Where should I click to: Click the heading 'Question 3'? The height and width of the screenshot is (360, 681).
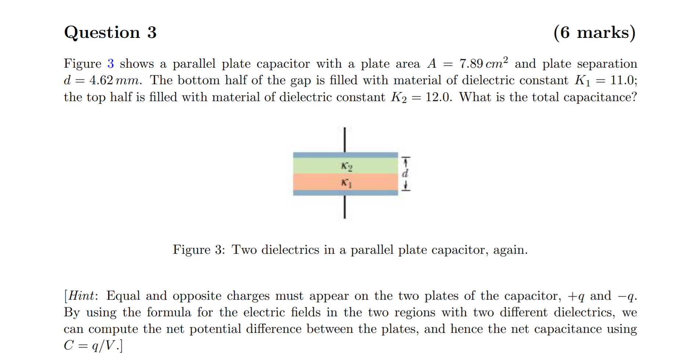[x=110, y=32]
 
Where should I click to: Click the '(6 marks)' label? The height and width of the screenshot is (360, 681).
[x=594, y=32]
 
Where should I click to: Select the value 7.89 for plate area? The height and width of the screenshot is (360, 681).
[x=471, y=64]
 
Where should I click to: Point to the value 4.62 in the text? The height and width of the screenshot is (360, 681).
[x=101, y=80]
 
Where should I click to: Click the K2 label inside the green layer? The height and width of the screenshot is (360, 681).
[x=346, y=167]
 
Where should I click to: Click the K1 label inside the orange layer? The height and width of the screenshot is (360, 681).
[x=346, y=182]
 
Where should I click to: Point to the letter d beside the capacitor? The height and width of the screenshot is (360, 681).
[x=405, y=173]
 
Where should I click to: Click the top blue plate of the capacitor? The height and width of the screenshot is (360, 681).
[x=345, y=155]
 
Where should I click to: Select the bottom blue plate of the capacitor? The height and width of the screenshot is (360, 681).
[x=345, y=193]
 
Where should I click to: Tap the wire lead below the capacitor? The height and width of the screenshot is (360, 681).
[x=345, y=207]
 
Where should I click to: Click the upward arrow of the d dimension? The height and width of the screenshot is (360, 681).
[x=405, y=162]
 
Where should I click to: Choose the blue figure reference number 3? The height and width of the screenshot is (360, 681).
[x=110, y=64]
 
